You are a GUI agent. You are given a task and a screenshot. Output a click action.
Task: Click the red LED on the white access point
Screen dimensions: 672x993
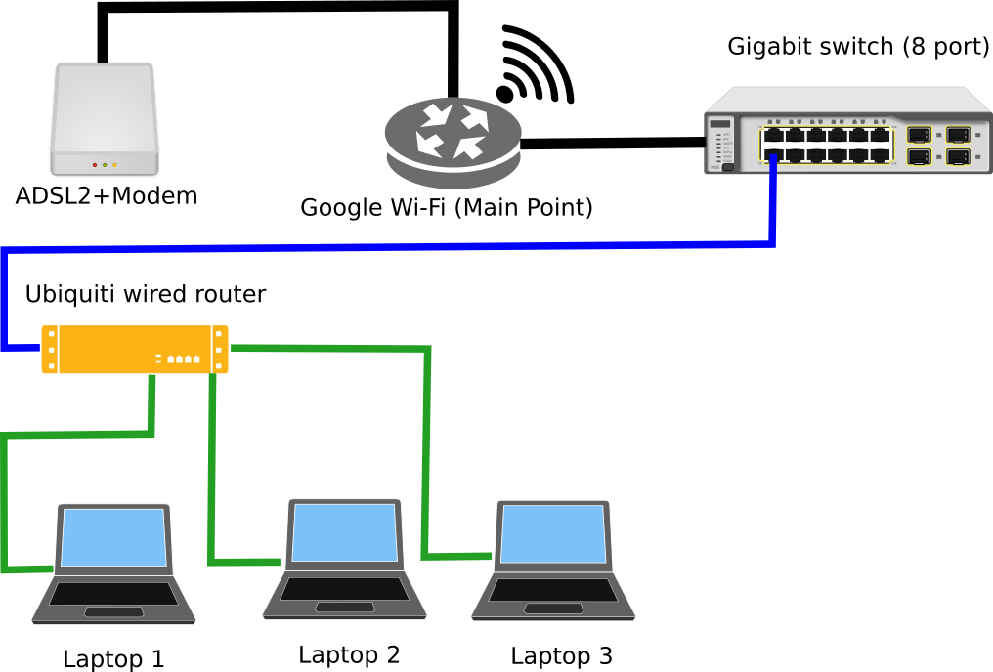tap(95, 165)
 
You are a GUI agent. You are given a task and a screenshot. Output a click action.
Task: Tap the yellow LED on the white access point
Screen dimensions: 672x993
tap(114, 165)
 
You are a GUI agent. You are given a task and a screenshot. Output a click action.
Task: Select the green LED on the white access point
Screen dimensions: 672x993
tap(105, 165)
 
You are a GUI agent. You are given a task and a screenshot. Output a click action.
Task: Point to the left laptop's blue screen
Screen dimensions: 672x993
tap(113, 537)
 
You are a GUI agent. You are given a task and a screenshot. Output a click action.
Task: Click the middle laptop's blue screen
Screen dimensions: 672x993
tap(345, 532)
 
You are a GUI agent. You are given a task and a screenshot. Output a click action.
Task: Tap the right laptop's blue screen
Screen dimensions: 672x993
tap(553, 534)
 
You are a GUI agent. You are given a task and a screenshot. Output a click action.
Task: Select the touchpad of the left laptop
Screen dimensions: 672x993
tap(113, 612)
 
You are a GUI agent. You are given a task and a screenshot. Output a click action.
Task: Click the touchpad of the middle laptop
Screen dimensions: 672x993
tap(345, 608)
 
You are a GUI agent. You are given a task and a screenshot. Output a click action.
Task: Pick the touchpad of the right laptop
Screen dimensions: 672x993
tap(553, 609)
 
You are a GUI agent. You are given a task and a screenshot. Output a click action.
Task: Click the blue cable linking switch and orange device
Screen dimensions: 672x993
tap(391, 247)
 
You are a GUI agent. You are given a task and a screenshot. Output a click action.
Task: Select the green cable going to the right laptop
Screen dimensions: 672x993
tap(426, 449)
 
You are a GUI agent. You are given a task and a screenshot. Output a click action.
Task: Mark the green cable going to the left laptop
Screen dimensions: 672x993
tap(78, 434)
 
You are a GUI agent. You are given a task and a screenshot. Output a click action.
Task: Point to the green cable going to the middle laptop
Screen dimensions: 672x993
tap(212, 469)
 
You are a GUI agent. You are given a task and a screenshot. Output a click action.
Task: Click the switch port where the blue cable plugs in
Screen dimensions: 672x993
tap(773, 155)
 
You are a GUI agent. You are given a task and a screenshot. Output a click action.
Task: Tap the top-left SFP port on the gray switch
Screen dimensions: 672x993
tap(918, 135)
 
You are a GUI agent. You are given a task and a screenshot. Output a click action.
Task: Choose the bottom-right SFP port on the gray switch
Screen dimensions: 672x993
tap(958, 156)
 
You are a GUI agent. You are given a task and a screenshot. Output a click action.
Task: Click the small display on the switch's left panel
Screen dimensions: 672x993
tap(720, 124)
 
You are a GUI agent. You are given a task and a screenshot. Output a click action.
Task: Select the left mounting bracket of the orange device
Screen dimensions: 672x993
tap(49, 350)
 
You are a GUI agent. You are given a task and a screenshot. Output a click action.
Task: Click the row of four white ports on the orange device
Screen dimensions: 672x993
tap(183, 358)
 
